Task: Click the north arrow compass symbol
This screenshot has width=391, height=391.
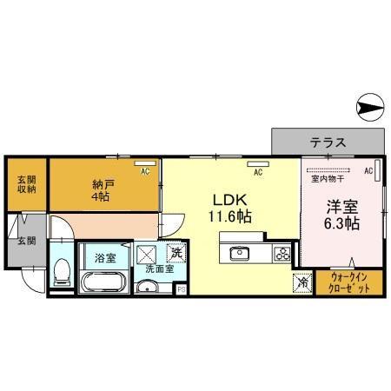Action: coord(369,108)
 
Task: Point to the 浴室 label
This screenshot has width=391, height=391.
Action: coord(104,258)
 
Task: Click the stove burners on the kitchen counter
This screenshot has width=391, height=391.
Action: coord(282,254)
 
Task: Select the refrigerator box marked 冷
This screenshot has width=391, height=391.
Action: coord(301,282)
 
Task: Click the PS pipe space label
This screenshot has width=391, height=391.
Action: coord(181,290)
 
